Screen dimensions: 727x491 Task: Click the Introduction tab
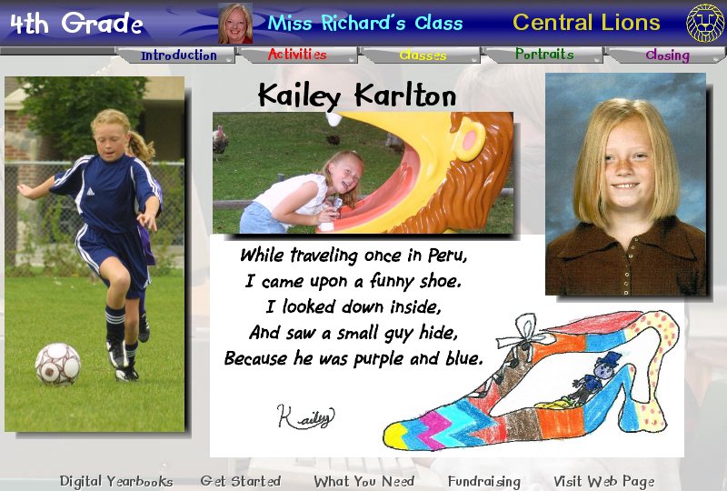click(178, 55)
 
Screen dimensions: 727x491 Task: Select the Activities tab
click(297, 55)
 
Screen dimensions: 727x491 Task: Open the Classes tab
click(423, 55)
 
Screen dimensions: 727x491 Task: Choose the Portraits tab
click(544, 55)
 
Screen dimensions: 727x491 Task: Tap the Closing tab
click(667, 55)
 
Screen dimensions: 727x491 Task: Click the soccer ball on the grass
click(58, 364)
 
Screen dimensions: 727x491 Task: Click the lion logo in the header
click(705, 23)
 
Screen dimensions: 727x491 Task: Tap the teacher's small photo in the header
click(235, 24)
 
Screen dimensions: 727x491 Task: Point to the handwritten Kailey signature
click(305, 416)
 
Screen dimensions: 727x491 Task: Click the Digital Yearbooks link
click(116, 482)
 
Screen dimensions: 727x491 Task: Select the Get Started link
click(241, 481)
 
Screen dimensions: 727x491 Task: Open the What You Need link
click(364, 482)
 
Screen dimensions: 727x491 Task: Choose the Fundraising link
click(484, 482)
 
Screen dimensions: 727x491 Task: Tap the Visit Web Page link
click(604, 482)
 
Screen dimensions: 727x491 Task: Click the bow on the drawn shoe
click(526, 332)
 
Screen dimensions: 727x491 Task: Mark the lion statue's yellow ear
click(470, 140)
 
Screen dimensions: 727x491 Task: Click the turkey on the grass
click(220, 140)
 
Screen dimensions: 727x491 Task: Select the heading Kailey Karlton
click(357, 95)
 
